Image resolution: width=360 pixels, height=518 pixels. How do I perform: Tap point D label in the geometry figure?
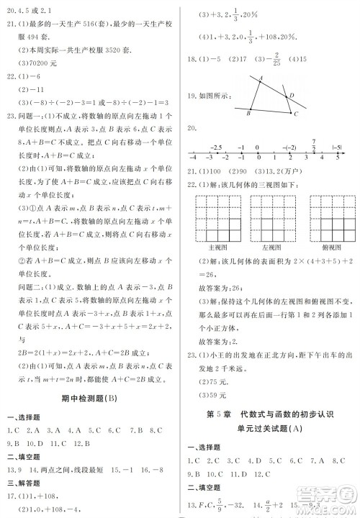290,95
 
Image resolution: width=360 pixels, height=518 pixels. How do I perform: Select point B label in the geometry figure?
248,114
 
